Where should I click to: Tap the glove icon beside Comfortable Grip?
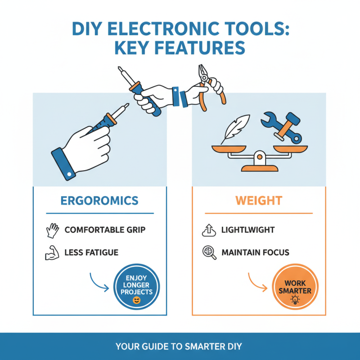pyautogui.click(x=53, y=230)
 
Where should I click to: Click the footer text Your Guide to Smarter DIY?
pyautogui.click(x=179, y=346)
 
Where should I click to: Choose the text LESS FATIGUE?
pyautogui.click(x=91, y=252)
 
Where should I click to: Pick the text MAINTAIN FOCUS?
pyautogui.click(x=255, y=252)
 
